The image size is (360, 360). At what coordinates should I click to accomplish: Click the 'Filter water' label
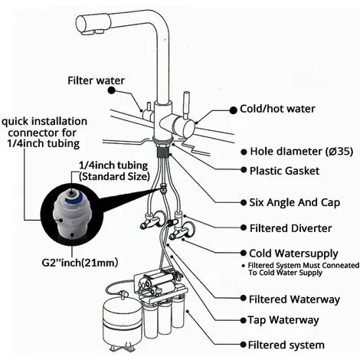96,80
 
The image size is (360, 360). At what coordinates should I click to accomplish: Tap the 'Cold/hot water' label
277,109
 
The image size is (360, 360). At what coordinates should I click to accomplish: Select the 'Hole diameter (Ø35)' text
302,152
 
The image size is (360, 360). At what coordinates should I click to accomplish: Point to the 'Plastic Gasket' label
284,171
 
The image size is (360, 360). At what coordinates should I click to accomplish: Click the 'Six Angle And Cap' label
295,202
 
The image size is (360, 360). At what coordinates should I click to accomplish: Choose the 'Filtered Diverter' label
290,228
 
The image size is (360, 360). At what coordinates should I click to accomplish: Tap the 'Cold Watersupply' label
293,254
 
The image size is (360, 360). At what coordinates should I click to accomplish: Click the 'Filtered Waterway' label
294,299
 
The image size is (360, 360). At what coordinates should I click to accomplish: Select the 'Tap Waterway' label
283,320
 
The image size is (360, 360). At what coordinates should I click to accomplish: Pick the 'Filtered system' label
286,345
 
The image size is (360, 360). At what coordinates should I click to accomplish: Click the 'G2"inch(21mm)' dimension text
80,263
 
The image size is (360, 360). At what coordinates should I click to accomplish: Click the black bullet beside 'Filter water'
111,90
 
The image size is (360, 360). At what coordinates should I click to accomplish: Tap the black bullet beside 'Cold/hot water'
233,110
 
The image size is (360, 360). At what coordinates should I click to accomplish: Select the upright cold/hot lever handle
186,104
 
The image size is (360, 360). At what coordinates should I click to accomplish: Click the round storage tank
122,323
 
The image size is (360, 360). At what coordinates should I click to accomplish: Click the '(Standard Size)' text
114,177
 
